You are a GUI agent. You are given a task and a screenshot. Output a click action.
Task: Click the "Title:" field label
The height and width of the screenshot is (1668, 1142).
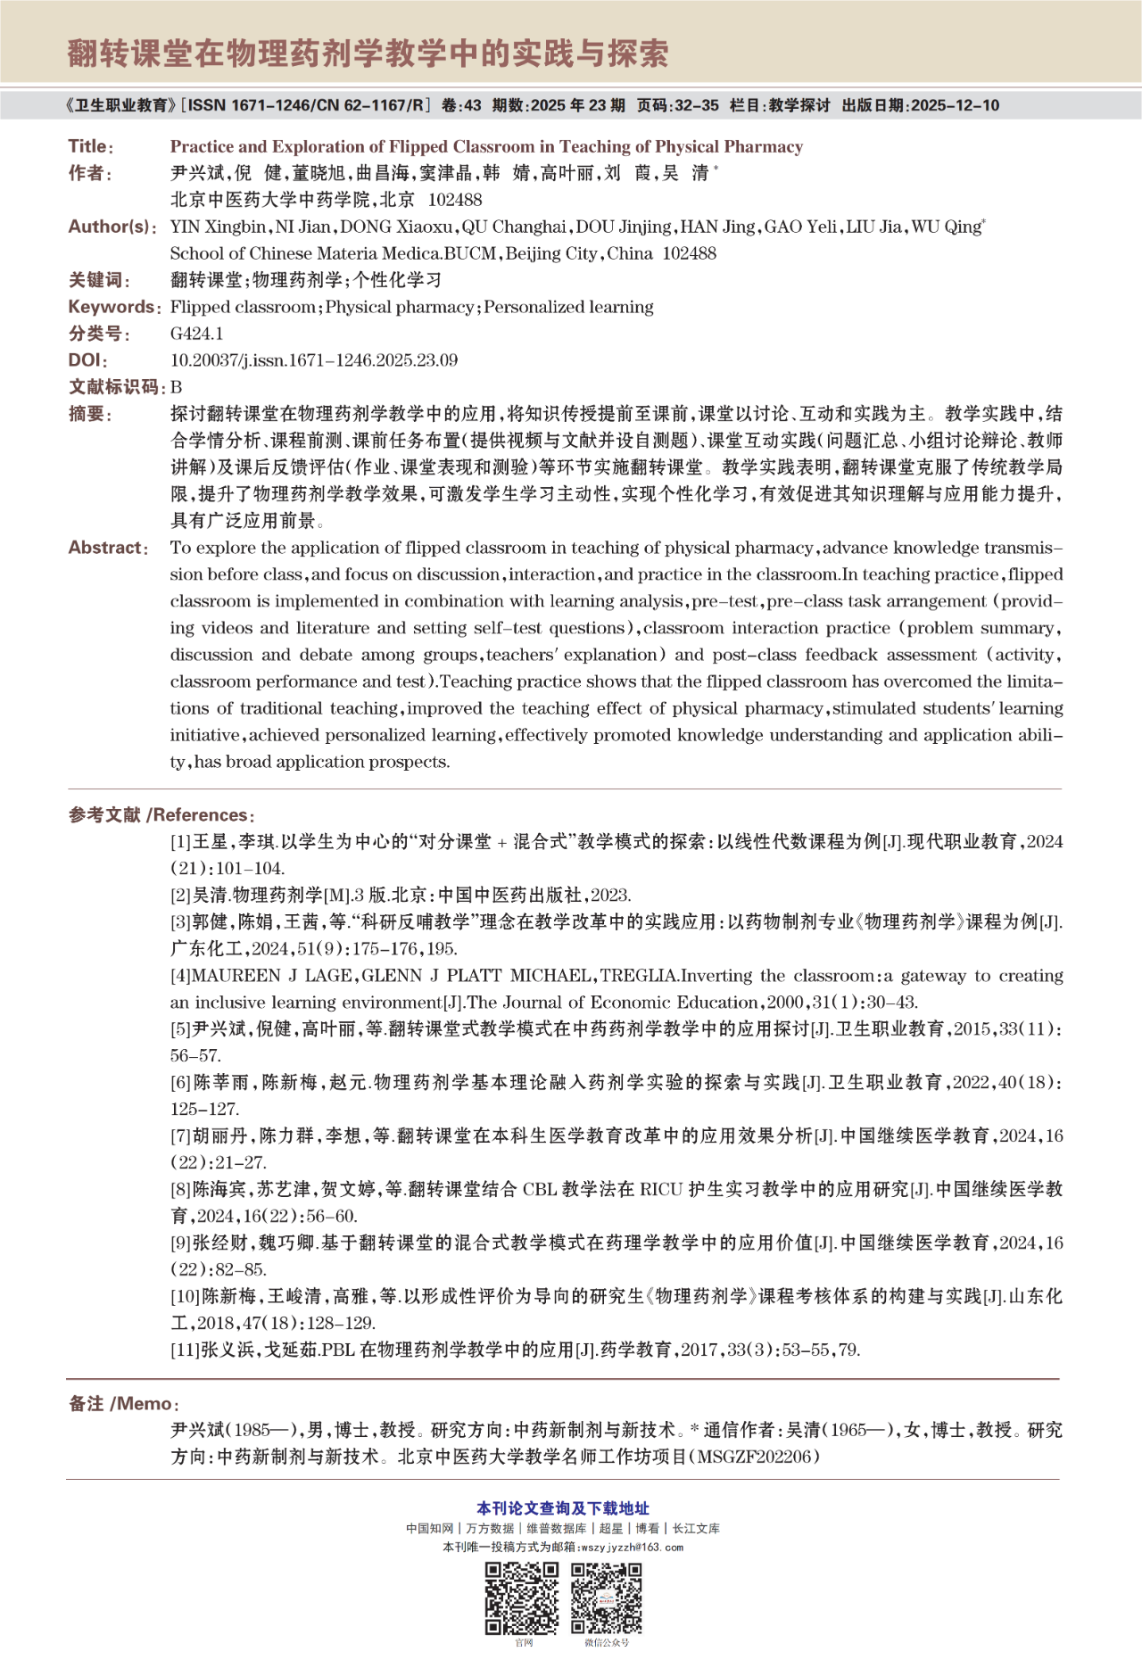[90, 146]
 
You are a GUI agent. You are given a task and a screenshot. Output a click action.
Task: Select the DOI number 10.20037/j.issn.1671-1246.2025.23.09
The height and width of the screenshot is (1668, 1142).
[313, 360]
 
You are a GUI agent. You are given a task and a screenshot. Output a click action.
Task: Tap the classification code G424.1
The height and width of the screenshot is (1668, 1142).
[196, 334]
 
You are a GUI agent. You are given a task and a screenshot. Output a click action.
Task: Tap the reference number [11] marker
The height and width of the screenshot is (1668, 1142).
[185, 1350]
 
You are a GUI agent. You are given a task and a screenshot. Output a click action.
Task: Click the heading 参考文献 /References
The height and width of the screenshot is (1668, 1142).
[161, 815]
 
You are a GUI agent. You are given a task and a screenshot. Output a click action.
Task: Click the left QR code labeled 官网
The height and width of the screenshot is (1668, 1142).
[522, 1598]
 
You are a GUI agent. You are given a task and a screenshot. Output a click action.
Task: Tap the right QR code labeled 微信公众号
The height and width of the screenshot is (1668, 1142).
[607, 1598]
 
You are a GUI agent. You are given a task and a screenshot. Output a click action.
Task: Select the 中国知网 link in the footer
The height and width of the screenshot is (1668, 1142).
[429, 1528]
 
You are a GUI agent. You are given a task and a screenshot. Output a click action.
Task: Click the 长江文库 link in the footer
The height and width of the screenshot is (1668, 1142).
[696, 1528]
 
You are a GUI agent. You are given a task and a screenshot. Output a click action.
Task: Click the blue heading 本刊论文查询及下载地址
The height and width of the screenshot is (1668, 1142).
[563, 1508]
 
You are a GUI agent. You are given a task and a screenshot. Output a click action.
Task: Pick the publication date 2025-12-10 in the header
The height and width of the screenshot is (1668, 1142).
[956, 105]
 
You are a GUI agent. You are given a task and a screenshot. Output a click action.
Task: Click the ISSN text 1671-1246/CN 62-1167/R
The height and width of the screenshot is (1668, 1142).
[307, 105]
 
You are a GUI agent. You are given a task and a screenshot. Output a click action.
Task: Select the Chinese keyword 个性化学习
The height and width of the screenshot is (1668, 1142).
[398, 280]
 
